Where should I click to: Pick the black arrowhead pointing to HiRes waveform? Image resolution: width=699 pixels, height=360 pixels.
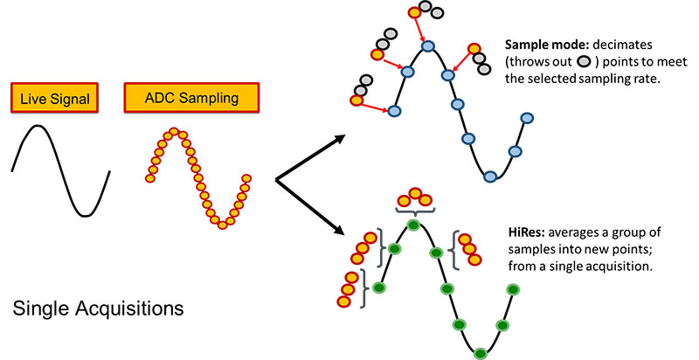pyautogui.click(x=335, y=231)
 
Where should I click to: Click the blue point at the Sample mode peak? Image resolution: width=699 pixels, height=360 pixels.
pyautogui.click(x=427, y=45)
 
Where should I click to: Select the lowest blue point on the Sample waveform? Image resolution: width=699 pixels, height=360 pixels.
pyautogui.click(x=490, y=176)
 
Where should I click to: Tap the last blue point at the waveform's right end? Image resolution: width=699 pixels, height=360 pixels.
pyautogui.click(x=526, y=118)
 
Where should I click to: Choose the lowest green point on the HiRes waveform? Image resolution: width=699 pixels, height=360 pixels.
pyautogui.click(x=480, y=352)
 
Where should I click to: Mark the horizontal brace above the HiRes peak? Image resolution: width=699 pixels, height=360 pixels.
pyautogui.click(x=414, y=211)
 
